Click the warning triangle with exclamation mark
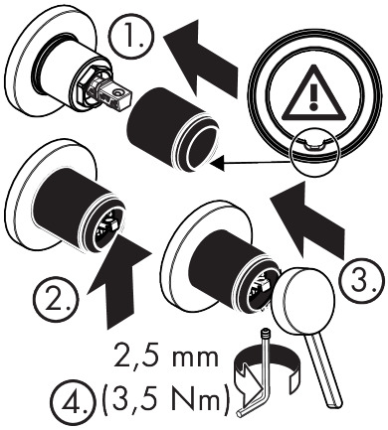coord(313,93)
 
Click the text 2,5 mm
coord(166,356)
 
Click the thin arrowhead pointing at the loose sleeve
coord(217,163)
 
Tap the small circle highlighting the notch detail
coord(313,152)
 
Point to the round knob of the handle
coord(301,299)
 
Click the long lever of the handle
coord(324,368)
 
